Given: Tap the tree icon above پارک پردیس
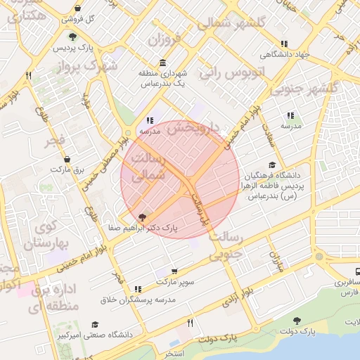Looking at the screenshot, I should click(73, 37).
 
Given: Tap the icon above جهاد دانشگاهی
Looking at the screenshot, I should click(283, 44).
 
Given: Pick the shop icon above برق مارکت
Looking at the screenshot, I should click(67, 159).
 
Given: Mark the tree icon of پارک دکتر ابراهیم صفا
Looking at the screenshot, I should click(143, 217).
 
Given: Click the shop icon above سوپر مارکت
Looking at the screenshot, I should click(174, 271).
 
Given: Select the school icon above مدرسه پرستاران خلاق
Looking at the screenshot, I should click(137, 289).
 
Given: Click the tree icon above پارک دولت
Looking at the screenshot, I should click(296, 320).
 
